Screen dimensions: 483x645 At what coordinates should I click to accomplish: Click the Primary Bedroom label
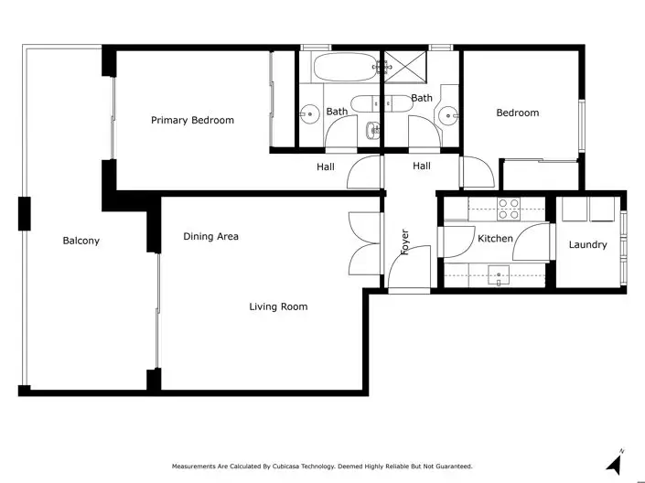[192, 120]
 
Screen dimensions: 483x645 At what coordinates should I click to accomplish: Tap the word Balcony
[81, 241]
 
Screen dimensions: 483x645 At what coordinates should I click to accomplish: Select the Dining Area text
[210, 236]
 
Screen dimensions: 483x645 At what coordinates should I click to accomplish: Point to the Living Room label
[278, 306]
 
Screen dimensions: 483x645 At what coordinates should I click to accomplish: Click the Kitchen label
[495, 239]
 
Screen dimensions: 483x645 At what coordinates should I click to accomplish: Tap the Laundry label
[587, 244]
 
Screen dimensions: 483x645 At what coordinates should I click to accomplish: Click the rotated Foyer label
[404, 241]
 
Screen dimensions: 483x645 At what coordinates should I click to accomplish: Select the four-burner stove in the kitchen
[508, 209]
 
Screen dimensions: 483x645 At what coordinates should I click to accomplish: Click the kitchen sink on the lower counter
[498, 272]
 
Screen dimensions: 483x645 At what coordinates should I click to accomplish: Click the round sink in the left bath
[309, 114]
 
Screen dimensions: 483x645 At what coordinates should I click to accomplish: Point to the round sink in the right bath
[447, 114]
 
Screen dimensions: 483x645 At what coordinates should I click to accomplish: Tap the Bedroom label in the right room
[517, 113]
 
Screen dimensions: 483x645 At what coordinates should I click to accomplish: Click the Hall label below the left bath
[325, 166]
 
